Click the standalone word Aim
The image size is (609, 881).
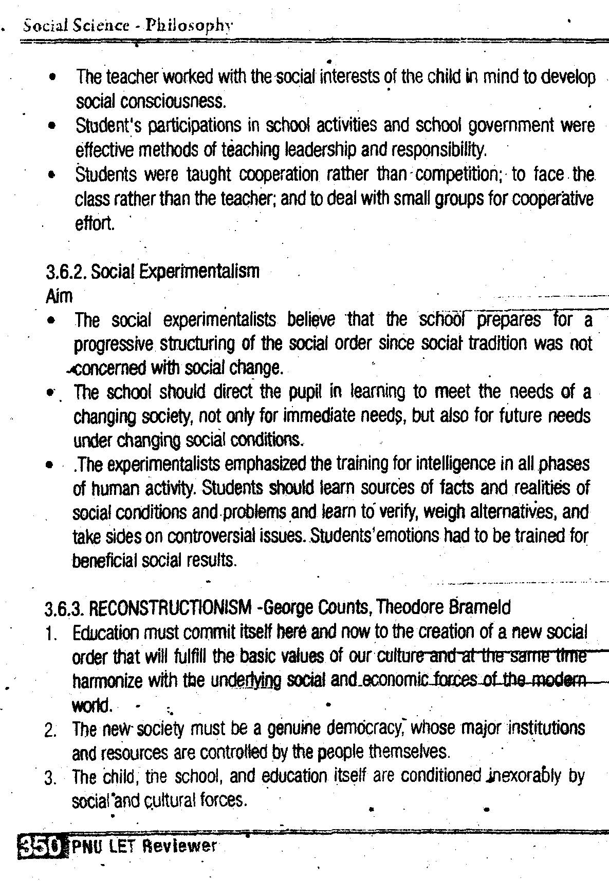pyautogui.click(x=59, y=296)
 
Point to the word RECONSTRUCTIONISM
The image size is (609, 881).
pyautogui.click(x=171, y=608)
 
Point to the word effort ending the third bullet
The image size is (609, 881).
pyautogui.click(x=95, y=224)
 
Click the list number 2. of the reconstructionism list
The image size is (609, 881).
pyautogui.click(x=50, y=730)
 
